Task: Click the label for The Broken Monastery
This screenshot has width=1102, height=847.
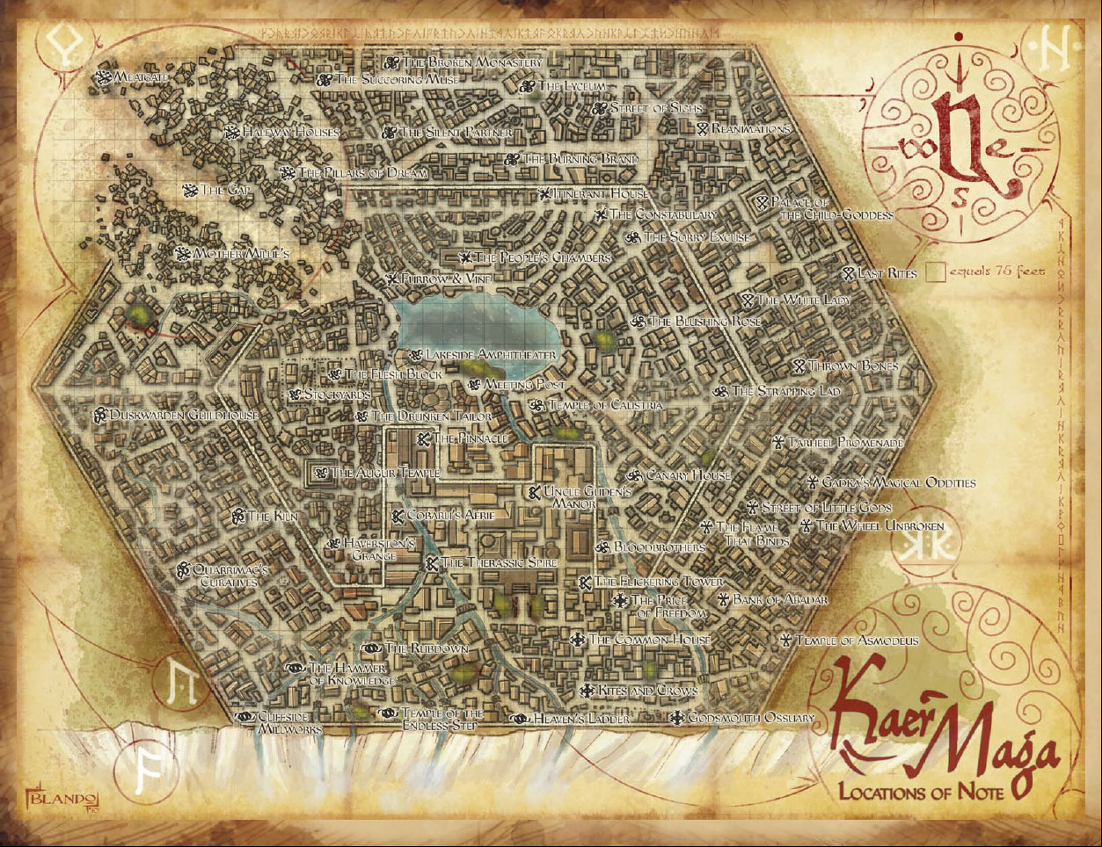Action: [472, 63]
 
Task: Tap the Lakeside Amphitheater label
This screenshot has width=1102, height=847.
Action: [490, 355]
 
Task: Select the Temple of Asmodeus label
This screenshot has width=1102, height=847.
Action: [857, 641]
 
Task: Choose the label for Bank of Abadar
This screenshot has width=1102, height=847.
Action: [780, 600]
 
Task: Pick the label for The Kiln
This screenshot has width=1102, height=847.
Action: [273, 517]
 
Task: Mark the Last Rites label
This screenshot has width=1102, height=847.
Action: [887, 273]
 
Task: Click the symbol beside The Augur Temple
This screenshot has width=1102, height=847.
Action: [321, 473]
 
